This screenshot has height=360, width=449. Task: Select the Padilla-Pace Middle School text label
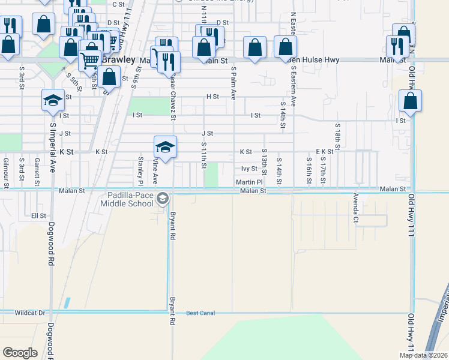pos(130,199)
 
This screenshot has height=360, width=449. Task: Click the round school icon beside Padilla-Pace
pos(162,199)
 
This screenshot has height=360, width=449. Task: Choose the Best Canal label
pos(200,313)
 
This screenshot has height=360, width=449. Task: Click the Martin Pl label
pos(249,182)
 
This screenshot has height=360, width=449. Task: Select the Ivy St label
pos(249,169)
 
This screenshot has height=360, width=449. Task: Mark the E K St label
pos(324,152)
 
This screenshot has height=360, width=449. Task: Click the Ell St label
pos(38,215)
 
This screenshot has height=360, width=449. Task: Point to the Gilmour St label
pos(6,173)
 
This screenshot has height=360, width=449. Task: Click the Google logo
pos(20,353)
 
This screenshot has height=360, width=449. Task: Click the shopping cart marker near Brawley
pos(89,60)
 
